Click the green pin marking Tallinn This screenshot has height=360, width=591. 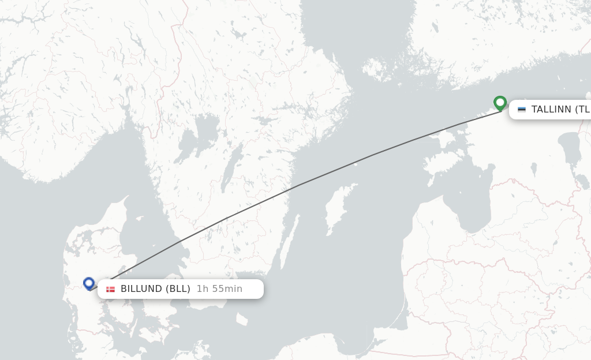click(x=500, y=103)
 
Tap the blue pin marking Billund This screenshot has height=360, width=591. click(x=88, y=283)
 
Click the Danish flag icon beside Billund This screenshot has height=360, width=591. click(x=110, y=289)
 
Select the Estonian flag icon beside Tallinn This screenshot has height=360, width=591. click(x=522, y=110)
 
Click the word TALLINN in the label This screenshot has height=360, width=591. click(x=551, y=110)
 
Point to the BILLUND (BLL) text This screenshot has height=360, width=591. click(x=155, y=289)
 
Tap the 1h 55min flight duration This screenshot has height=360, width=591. click(x=219, y=289)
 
